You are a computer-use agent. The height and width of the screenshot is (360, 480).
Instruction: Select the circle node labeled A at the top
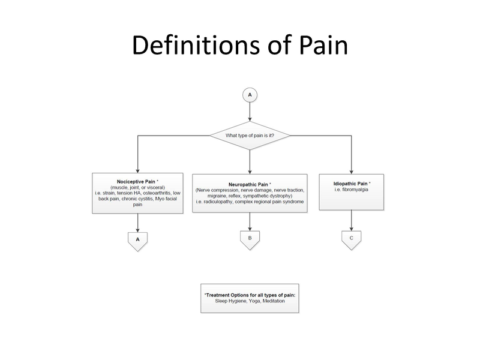coord(250,95)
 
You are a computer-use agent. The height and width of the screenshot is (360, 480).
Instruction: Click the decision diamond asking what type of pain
coord(250,135)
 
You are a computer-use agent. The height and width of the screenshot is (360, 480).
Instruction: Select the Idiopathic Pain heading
coord(350,183)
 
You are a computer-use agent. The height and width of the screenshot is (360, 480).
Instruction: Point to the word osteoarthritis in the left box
coord(155,193)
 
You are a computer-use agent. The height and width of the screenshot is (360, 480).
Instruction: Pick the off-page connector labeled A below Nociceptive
coord(137,239)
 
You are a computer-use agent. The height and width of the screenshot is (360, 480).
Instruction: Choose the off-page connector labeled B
coord(250,238)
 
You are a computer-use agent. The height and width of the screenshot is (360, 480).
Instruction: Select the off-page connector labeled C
coord(352,238)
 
